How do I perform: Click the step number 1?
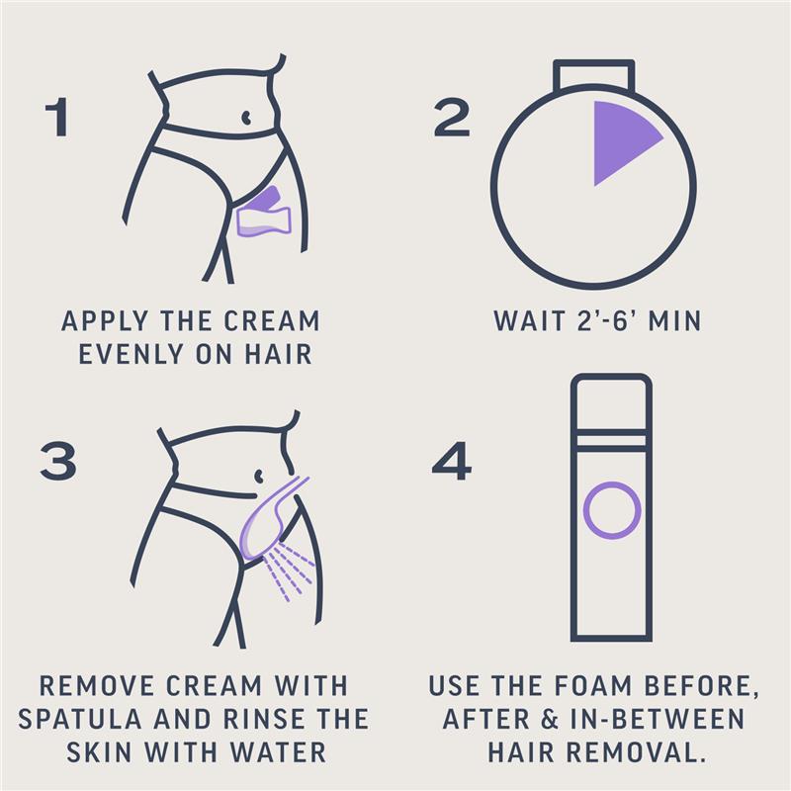coord(57,117)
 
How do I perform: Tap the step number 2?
coord(452,118)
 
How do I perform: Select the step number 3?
coord(58,461)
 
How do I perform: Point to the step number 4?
coord(452,461)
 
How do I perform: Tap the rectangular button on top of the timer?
coord(594,75)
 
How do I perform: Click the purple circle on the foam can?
coord(612,510)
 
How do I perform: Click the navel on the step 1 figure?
coord(245,118)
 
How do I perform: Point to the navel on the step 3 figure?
coord(258,476)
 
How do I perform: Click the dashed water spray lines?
coord(289,571)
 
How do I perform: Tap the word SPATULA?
coord(80,719)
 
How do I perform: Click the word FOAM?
coord(592,685)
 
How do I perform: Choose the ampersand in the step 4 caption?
coord(550,719)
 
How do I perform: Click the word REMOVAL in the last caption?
coord(635,752)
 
